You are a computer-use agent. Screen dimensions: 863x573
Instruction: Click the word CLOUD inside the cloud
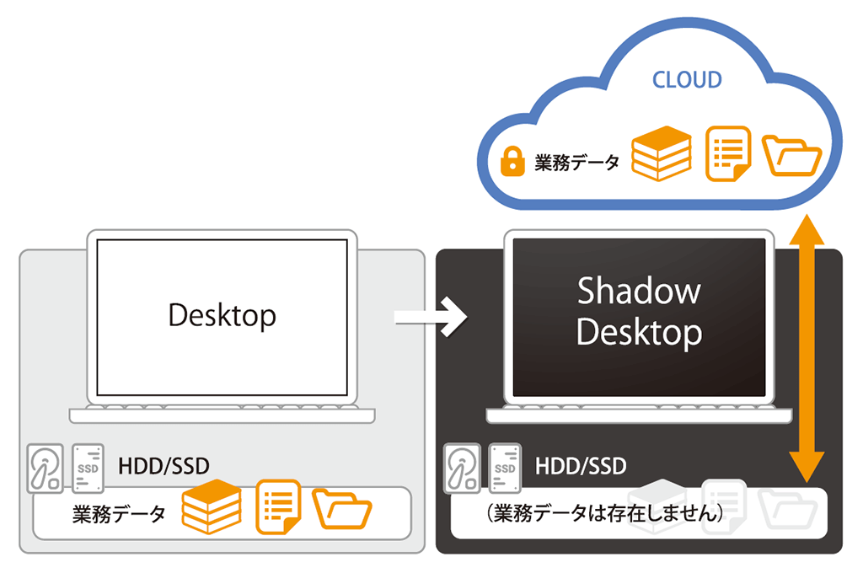tap(687, 80)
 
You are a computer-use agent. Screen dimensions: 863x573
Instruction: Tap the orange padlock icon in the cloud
tap(512, 161)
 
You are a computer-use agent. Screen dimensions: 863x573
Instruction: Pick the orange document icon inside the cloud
tap(728, 153)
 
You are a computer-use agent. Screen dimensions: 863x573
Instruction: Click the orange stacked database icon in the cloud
tap(661, 153)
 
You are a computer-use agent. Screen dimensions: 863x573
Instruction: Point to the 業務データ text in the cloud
tap(576, 163)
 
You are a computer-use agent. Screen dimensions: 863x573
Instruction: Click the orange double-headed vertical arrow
tap(807, 349)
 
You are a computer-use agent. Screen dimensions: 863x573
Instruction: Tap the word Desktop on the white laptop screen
tap(222, 315)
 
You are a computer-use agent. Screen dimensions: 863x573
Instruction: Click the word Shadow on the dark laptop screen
tap(639, 291)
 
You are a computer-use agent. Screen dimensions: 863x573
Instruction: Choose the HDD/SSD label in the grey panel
tap(163, 466)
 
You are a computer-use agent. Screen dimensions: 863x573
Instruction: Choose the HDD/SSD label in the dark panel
tap(581, 466)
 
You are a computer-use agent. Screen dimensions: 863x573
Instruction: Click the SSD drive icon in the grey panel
tap(88, 469)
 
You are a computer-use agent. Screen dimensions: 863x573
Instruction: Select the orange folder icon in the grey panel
tap(342, 509)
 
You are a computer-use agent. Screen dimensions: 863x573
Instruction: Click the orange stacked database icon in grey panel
tap(212, 507)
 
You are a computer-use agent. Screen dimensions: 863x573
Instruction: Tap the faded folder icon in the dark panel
tap(787, 509)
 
